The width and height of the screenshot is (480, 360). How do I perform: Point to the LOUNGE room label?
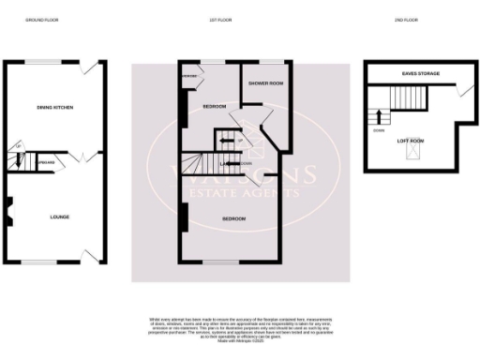point(59,217)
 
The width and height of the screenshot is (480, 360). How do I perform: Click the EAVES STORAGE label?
point(412,72)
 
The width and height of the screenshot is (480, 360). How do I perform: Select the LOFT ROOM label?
point(411,141)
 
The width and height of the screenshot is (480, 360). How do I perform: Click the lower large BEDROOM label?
point(233,218)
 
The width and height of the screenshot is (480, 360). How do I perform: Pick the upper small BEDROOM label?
point(215,107)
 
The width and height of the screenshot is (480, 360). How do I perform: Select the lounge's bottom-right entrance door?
point(90,256)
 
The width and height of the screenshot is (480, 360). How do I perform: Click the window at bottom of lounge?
point(38,262)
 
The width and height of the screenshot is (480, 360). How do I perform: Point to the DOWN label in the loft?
point(377,131)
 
